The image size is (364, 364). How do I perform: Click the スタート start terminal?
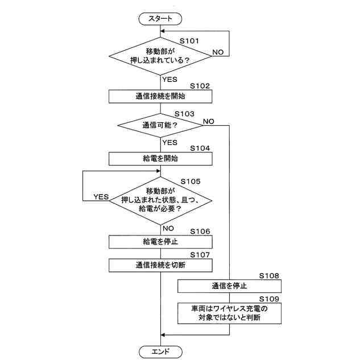(x=160, y=19)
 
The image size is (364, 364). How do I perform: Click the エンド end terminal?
(x=160, y=350)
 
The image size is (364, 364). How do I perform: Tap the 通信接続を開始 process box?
(x=160, y=96)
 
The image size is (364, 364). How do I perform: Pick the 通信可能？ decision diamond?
(x=160, y=125)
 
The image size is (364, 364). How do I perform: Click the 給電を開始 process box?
(x=160, y=158)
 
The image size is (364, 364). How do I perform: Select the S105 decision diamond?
(x=160, y=200)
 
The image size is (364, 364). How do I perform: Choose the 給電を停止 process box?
(x=160, y=242)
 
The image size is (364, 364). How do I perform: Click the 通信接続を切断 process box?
(x=160, y=264)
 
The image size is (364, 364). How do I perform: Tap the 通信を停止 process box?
(x=229, y=286)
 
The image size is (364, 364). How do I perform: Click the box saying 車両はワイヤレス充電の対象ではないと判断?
(x=229, y=313)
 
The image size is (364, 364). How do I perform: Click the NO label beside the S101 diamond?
(x=218, y=52)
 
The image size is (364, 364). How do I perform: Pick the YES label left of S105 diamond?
(x=101, y=197)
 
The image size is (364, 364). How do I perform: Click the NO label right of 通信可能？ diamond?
(x=208, y=121)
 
